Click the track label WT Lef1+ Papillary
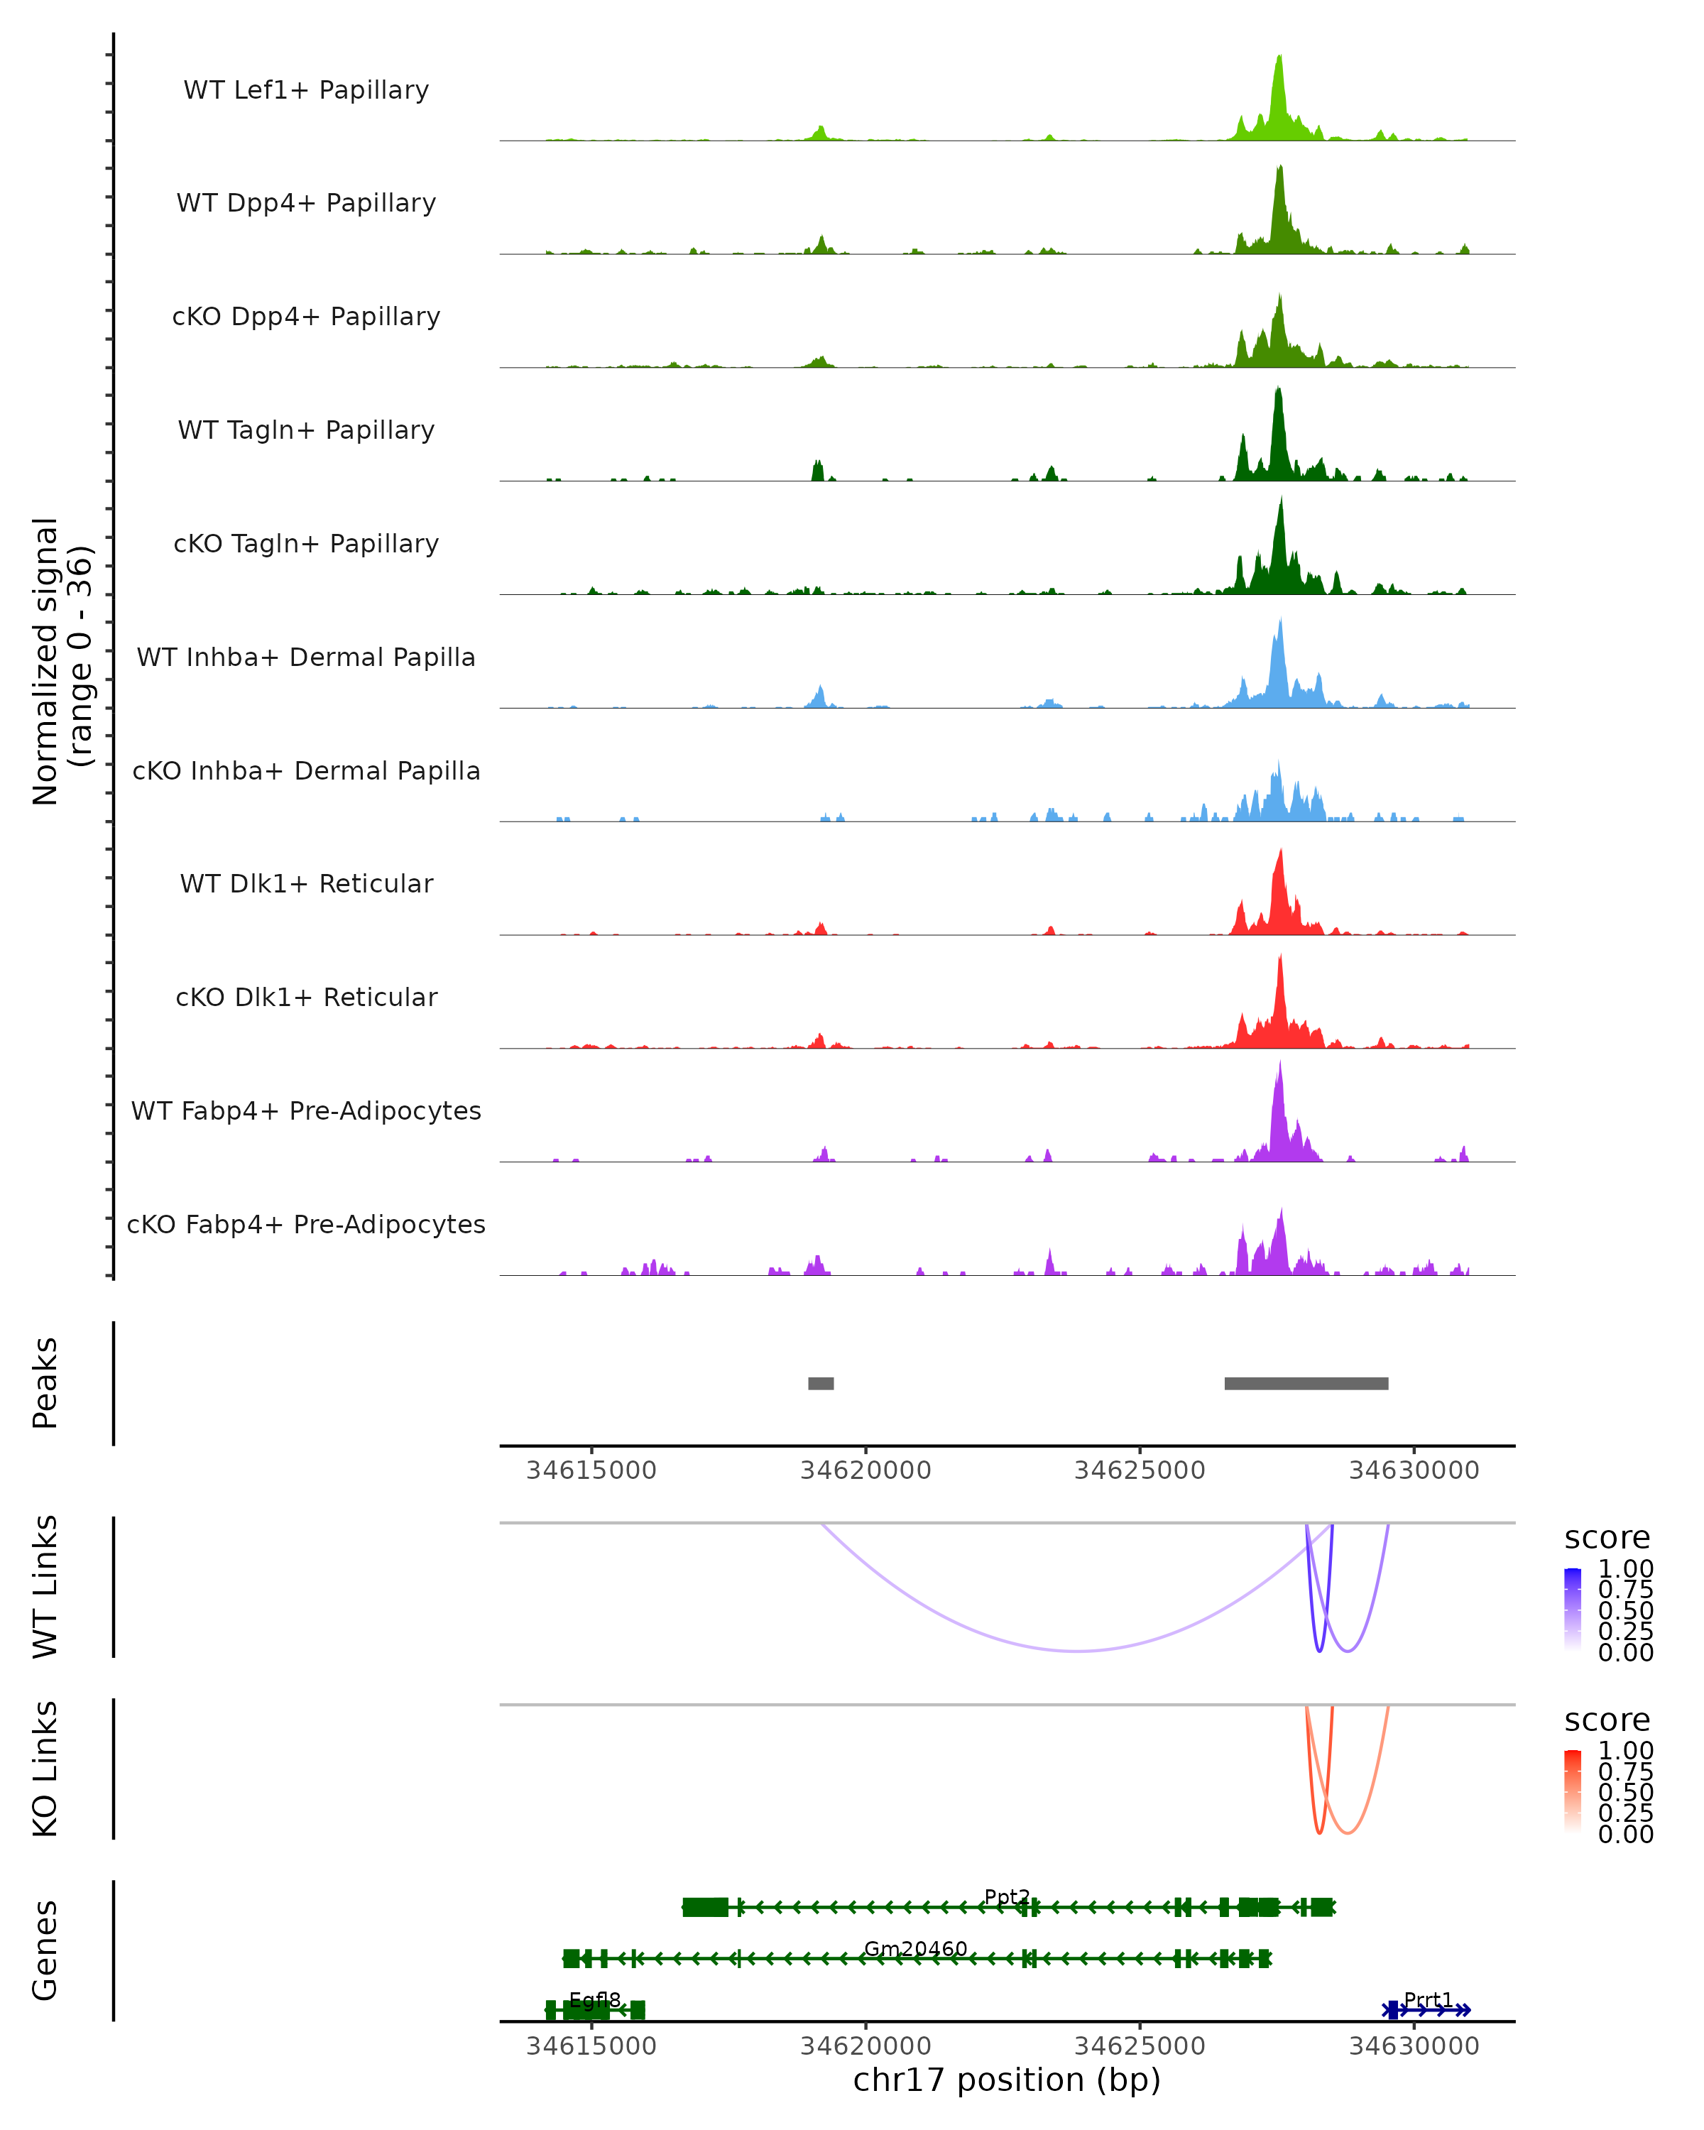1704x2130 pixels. coord(306,90)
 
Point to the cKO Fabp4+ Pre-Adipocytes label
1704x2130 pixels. coord(306,1224)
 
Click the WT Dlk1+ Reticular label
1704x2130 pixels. coord(306,883)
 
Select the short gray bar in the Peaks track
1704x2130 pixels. coord(820,1383)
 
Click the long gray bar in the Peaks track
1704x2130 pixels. coord(1306,1383)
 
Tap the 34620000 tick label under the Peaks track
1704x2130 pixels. coord(865,1470)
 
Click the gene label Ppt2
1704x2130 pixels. coord(1007,1897)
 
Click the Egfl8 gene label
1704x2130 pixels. coord(595,1999)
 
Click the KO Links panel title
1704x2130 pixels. coord(45,1769)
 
